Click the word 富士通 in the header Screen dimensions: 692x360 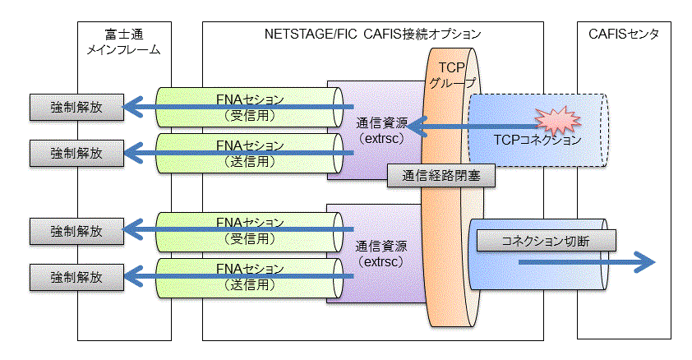124,34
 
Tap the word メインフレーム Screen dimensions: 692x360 123,49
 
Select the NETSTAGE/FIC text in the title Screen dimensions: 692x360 311,34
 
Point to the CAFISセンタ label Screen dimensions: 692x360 624,34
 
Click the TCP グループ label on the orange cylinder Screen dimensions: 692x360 452,75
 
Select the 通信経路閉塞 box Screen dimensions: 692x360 441,176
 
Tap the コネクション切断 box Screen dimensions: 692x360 546,241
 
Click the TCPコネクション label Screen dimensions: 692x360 537,140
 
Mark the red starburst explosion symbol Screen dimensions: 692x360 557,120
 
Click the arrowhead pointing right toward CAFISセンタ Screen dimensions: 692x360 645,262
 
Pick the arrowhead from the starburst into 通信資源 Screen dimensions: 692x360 417,127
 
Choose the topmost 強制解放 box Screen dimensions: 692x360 76,107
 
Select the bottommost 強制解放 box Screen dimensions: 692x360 76,278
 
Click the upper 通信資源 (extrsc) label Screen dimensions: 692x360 381,131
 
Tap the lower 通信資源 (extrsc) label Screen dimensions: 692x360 381,254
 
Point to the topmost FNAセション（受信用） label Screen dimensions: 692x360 250,108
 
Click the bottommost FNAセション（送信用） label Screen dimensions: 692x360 250,277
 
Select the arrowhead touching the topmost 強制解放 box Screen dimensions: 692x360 133,107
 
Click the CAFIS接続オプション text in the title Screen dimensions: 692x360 422,34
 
